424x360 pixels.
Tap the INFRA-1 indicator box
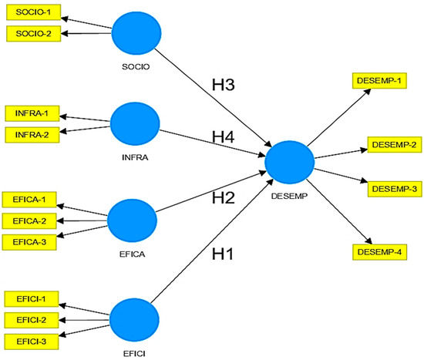(x=29, y=114)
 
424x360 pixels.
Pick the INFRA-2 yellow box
(x=29, y=134)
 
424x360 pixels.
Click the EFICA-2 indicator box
(x=29, y=222)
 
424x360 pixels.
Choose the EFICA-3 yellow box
(x=29, y=242)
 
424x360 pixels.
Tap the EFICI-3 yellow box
(x=29, y=339)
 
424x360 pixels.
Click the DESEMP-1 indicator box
(x=377, y=80)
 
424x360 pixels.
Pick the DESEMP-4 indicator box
(x=377, y=252)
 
